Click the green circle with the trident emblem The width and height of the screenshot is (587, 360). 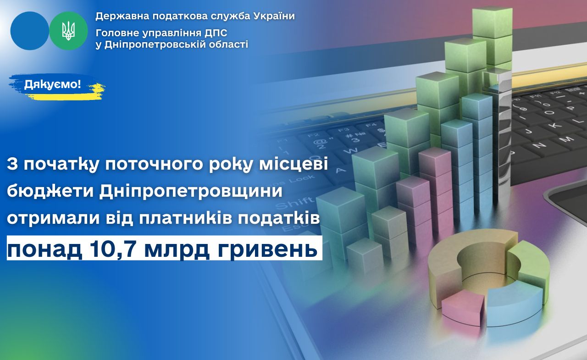pyautogui.click(x=68, y=31)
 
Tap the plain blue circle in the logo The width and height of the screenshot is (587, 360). pyautogui.click(x=30, y=31)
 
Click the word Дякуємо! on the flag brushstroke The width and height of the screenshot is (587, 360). pyautogui.click(x=52, y=85)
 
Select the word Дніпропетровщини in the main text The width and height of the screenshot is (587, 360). pyautogui.click(x=190, y=191)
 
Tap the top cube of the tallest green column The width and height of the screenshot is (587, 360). pyautogui.click(x=492, y=22)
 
